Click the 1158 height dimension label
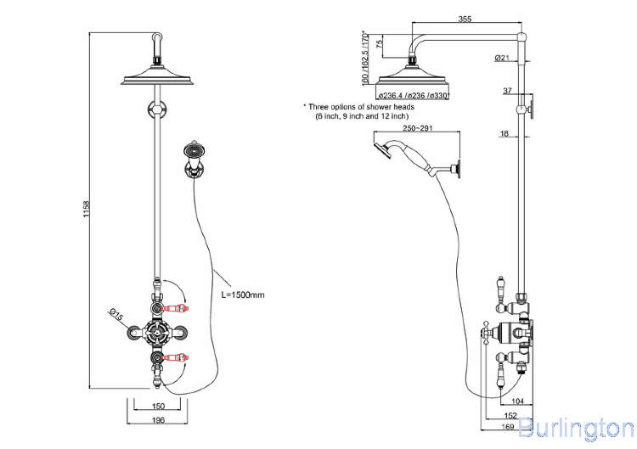87,210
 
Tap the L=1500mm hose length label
243,295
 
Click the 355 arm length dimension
465,20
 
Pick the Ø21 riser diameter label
500,58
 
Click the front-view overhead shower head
157,79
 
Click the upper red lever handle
179,308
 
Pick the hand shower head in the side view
379,150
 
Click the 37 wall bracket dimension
507,91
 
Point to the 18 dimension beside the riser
504,133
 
